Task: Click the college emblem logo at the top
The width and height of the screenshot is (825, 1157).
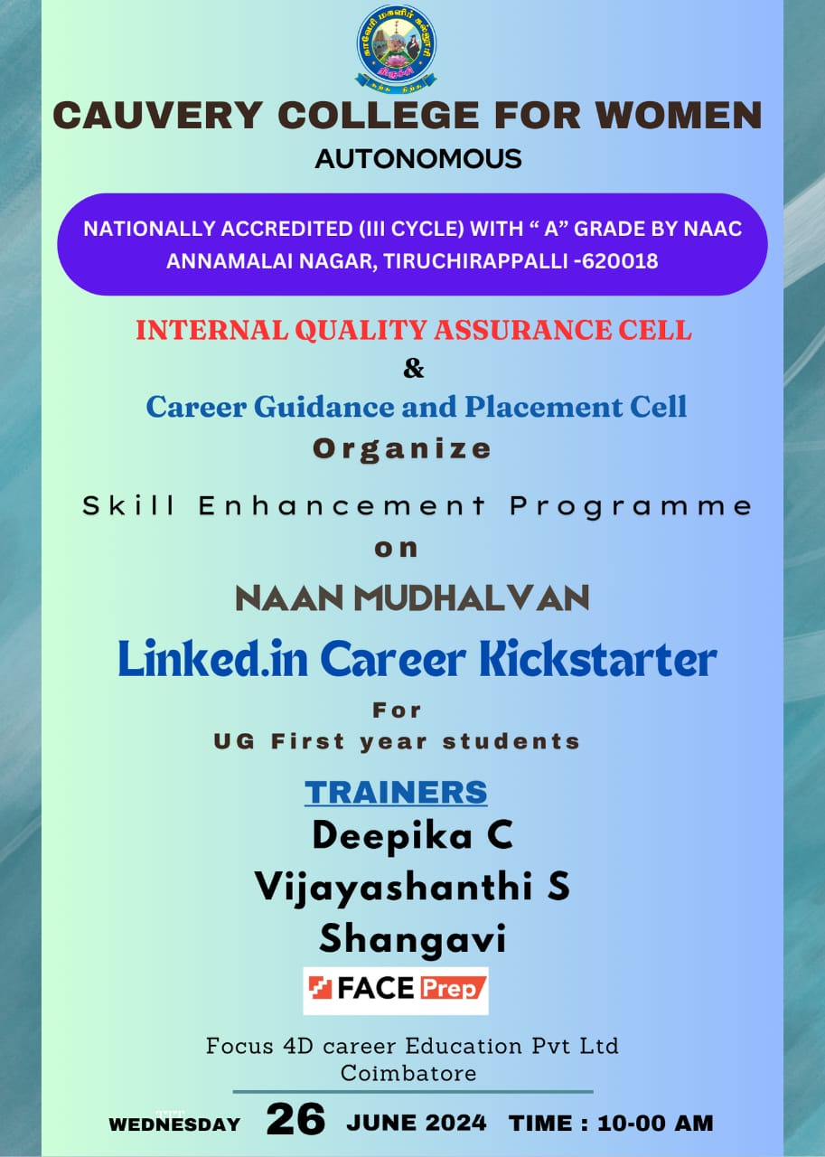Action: [396, 50]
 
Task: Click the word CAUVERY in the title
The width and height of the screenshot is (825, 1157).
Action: [158, 115]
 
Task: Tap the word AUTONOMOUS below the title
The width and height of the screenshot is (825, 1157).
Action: [418, 158]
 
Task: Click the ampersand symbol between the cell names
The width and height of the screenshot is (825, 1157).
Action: [414, 368]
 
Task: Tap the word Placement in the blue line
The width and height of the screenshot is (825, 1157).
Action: [543, 407]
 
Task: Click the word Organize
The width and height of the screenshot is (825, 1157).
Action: [402, 449]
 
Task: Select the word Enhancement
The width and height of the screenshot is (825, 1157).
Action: [342, 505]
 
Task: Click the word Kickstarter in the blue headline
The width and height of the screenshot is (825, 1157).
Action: [598, 659]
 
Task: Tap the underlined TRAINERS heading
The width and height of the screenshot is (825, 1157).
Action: [396, 792]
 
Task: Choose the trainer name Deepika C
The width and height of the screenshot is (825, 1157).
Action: [412, 836]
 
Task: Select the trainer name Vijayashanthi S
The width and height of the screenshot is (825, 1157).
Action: [412, 887]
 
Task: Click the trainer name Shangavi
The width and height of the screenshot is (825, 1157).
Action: [412, 938]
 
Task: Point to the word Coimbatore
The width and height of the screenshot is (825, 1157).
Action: [408, 1073]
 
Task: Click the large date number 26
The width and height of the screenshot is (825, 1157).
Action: [295, 1119]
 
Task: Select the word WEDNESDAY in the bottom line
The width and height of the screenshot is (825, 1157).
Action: [174, 1124]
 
